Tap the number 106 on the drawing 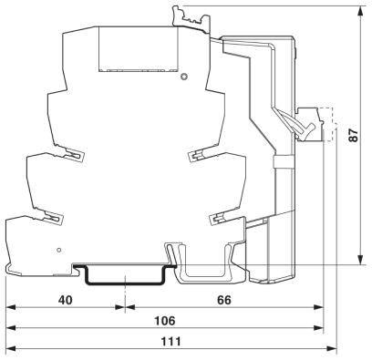coord(165,322)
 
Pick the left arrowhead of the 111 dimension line coord(10,350)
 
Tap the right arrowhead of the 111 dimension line coord(333,350)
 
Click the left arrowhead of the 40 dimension coord(10,307)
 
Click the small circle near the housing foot coord(60,249)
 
